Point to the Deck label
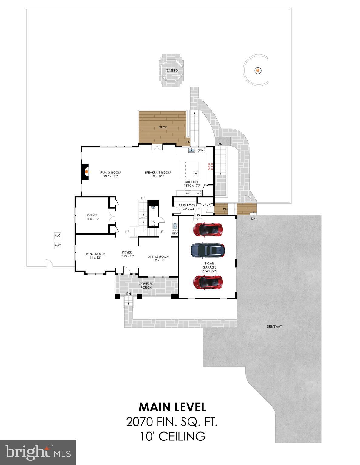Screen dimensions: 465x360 tap(163, 127)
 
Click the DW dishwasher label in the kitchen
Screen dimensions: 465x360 tap(201, 150)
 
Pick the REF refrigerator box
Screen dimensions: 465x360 tap(188, 193)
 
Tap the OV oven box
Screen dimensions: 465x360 tap(197, 193)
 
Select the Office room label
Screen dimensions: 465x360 tap(92, 215)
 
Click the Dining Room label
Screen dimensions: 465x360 tap(158, 256)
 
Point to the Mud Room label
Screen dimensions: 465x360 tap(188, 205)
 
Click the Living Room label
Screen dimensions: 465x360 tap(95, 254)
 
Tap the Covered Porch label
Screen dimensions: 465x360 tap(146, 285)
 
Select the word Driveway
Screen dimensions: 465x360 tap(274, 326)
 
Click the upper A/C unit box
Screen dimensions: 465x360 tap(58, 235)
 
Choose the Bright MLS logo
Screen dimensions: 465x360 tap(38, 452)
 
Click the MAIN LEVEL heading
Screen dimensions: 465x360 tap(172, 407)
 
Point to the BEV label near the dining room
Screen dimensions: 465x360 tap(175, 233)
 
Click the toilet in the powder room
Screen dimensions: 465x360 tap(154, 224)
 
